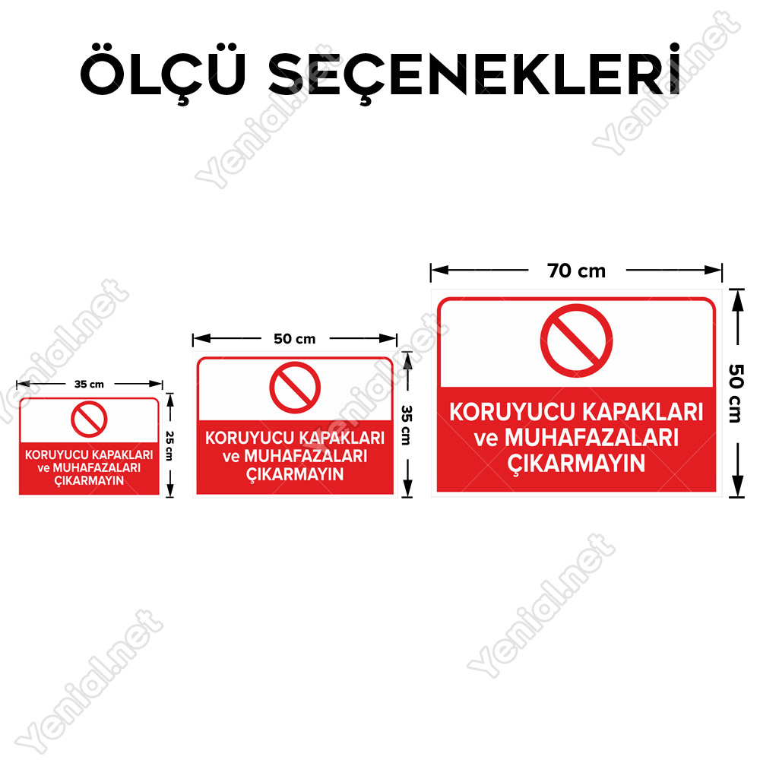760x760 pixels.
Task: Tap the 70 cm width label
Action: (x=576, y=271)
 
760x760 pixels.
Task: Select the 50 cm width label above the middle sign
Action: (x=295, y=339)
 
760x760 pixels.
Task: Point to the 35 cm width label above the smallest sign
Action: (x=89, y=385)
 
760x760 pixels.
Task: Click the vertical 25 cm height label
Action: (x=169, y=446)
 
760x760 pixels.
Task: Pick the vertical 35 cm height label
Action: (x=407, y=425)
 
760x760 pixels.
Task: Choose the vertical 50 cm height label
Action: (x=736, y=394)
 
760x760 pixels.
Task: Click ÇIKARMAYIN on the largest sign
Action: (x=576, y=464)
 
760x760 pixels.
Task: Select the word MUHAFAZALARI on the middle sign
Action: (x=306, y=456)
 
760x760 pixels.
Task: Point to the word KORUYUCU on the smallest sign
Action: (x=57, y=454)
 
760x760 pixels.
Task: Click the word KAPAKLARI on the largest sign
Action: (x=643, y=412)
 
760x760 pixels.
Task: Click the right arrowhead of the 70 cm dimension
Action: (x=714, y=270)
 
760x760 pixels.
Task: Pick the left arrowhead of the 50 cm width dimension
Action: (x=201, y=338)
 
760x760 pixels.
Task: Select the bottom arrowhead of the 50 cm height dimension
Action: (x=737, y=486)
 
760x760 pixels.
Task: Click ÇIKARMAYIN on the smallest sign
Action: (x=89, y=481)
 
